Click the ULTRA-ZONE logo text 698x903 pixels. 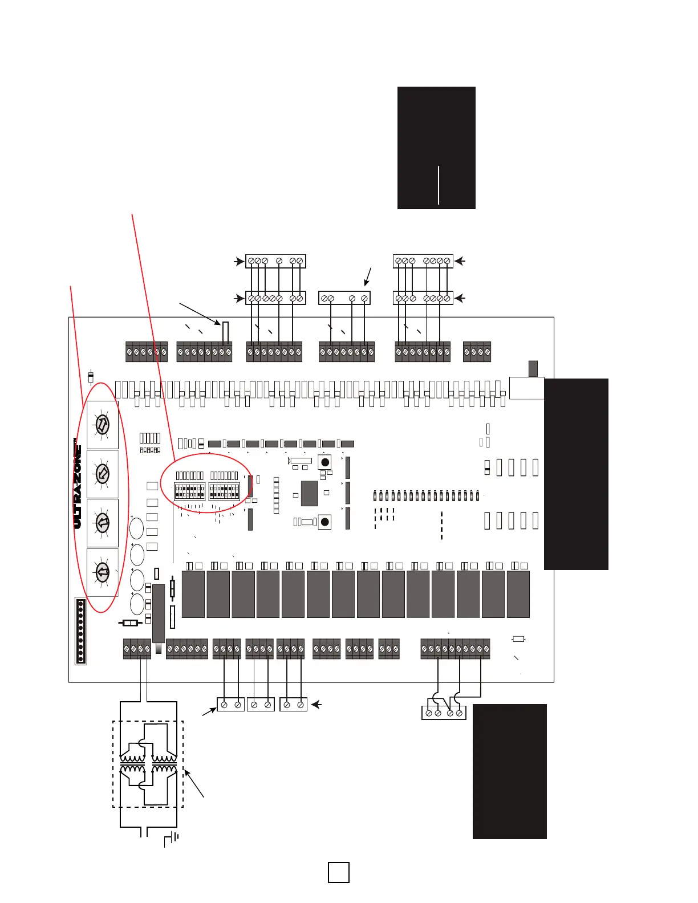click(x=78, y=485)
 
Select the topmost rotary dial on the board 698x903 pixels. click(x=102, y=425)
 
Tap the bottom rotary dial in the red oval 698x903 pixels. click(x=102, y=572)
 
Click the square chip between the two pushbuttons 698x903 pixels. click(x=309, y=493)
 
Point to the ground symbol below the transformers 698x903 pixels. click(x=172, y=839)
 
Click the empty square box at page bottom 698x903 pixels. click(x=339, y=872)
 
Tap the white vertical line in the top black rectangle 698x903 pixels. click(x=439, y=185)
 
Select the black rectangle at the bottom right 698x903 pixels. click(x=510, y=771)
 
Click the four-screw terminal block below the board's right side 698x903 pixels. click(x=444, y=713)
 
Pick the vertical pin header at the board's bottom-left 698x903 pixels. click(x=80, y=631)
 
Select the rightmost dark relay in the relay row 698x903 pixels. click(x=518, y=594)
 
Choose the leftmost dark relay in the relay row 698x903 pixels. click(x=193, y=594)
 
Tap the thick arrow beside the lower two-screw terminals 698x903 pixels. click(x=316, y=705)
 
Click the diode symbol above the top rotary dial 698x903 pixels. click(x=91, y=377)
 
